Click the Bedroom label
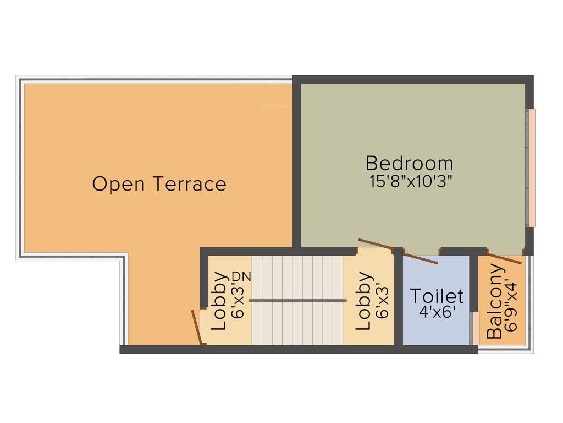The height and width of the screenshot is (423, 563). point(410,163)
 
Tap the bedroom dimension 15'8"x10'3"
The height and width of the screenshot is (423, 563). point(411,182)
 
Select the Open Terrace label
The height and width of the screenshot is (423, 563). point(159,183)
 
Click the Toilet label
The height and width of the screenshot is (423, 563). point(437,296)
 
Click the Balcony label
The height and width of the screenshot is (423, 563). point(495,302)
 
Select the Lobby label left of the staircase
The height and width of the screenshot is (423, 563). point(219,301)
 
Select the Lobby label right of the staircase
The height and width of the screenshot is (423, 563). point(363,302)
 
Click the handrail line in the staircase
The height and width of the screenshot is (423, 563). point(297,300)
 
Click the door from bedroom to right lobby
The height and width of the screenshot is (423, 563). point(376,246)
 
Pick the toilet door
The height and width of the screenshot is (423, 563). point(421,257)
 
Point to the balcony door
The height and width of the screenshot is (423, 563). point(505,259)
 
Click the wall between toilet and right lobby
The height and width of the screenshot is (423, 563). point(399,300)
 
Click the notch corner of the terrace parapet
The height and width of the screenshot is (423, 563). point(124,257)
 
